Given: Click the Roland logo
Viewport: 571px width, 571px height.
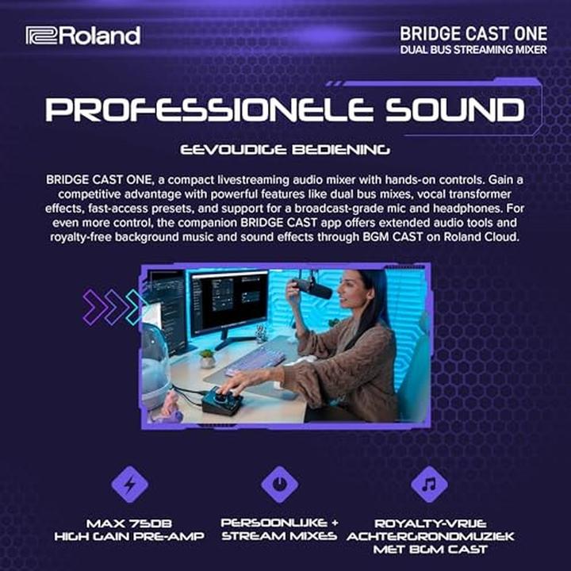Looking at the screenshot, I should [82, 36].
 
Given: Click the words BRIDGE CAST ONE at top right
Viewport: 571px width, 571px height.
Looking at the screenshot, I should [473, 34].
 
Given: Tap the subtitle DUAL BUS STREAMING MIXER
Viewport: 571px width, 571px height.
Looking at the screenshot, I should [473, 52].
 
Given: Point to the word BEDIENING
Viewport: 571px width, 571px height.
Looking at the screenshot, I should [342, 148].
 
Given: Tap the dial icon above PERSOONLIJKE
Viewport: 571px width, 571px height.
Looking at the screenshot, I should [279, 484].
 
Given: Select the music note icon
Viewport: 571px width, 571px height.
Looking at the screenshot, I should [429, 484].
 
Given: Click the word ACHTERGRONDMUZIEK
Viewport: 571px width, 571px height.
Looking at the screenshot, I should [430, 536].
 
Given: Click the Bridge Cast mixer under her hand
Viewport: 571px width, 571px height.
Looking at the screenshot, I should [224, 401].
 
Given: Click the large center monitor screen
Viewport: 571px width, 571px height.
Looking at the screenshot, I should [228, 301].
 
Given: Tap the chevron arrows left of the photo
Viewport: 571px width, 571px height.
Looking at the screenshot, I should [114, 305].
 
